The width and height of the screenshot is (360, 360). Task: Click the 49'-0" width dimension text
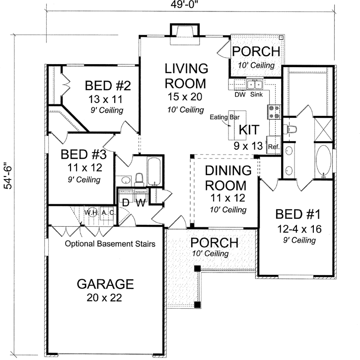pyautogui.click(x=181, y=5)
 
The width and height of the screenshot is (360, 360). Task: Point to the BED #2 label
pyautogui.click(x=107, y=85)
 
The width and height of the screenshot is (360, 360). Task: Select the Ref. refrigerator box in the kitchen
pyautogui.click(x=273, y=147)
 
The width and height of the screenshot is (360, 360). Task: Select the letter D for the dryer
pyautogui.click(x=126, y=202)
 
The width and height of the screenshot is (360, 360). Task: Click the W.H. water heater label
pyautogui.click(x=91, y=212)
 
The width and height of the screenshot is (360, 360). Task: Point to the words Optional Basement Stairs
pyautogui.click(x=111, y=244)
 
